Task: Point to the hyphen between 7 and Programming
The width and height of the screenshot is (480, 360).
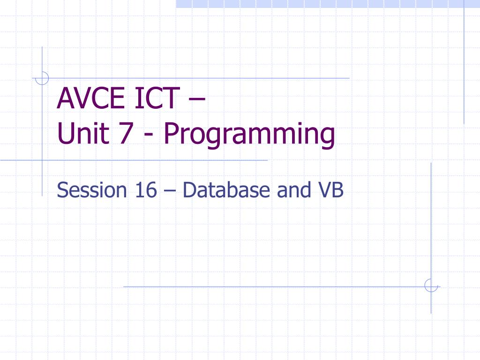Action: [x=150, y=136]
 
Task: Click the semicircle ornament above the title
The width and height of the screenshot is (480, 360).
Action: [x=43, y=78]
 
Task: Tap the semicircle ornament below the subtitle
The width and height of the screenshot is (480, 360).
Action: [x=430, y=285]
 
